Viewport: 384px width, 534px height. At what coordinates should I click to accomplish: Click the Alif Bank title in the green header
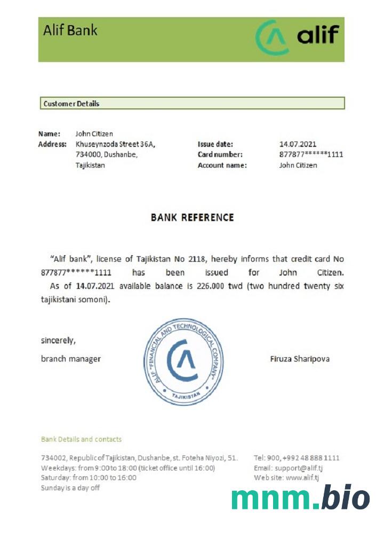click(70, 30)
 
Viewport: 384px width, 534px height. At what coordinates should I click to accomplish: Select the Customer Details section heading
click(71, 104)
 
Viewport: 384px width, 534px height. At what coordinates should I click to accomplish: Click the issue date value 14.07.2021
click(298, 144)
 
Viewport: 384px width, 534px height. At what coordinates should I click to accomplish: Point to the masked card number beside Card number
click(311, 155)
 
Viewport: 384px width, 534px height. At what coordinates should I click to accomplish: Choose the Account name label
click(222, 166)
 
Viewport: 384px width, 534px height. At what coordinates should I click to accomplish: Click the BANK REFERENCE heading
click(192, 217)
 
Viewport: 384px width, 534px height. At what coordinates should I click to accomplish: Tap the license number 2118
click(197, 260)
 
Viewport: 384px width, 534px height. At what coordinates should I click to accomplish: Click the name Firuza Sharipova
click(300, 359)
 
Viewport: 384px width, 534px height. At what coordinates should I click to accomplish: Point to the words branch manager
click(71, 359)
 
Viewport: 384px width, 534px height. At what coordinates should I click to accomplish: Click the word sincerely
click(59, 340)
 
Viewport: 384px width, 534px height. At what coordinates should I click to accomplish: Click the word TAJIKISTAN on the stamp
click(186, 395)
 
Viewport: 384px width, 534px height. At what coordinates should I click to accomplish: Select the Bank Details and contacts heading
click(81, 439)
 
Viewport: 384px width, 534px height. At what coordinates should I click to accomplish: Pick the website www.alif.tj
click(302, 478)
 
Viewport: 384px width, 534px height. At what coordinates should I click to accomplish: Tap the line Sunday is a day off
click(70, 488)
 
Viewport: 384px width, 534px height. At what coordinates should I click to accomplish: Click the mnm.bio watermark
click(300, 498)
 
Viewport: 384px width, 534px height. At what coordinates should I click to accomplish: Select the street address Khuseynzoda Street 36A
click(115, 144)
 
